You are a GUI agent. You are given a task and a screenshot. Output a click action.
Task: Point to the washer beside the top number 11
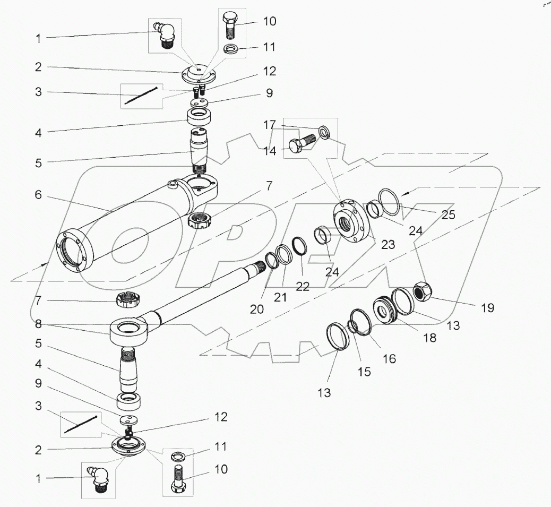[x=231, y=50]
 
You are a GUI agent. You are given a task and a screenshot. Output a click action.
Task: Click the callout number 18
[x=429, y=338]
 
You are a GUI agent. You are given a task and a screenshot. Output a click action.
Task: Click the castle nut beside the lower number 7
[x=127, y=300]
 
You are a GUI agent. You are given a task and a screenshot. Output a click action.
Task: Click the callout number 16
[x=389, y=359]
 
